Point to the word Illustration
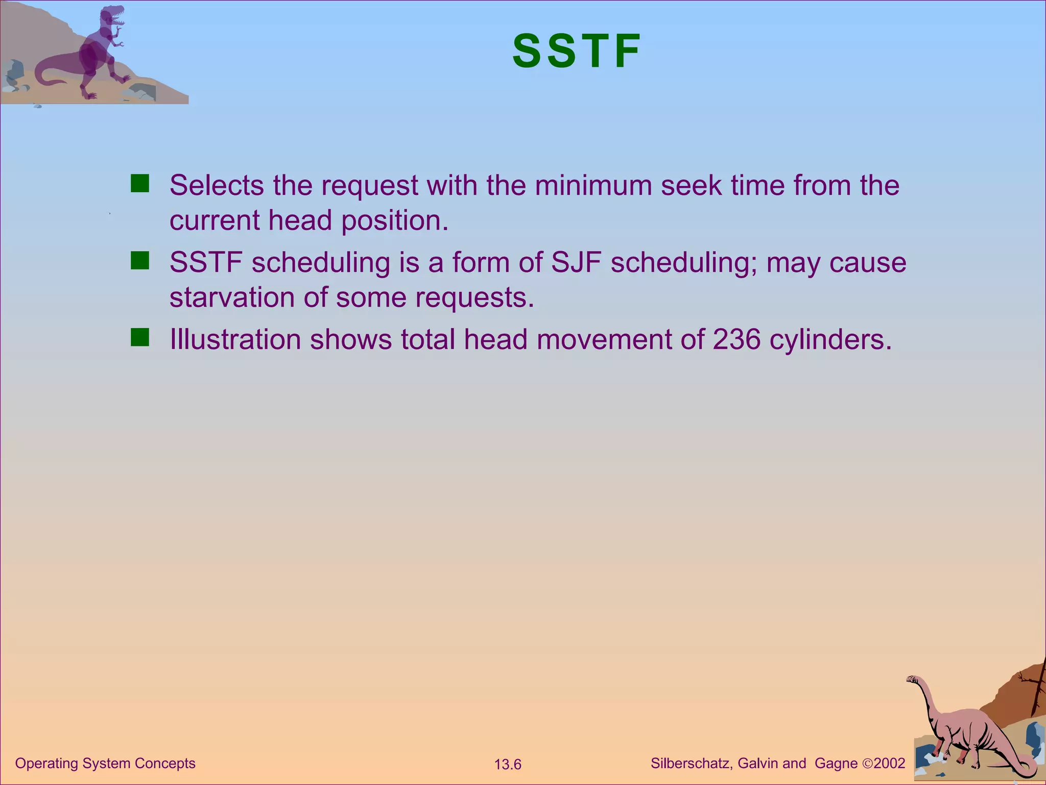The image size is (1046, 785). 235,339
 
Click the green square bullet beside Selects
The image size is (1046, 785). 139,183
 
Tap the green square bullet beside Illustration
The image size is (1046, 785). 139,338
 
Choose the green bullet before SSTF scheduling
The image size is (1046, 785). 139,261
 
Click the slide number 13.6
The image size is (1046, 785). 507,765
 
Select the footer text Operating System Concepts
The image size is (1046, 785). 105,763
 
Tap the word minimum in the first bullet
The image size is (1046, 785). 593,185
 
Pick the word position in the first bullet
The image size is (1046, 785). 394,221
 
